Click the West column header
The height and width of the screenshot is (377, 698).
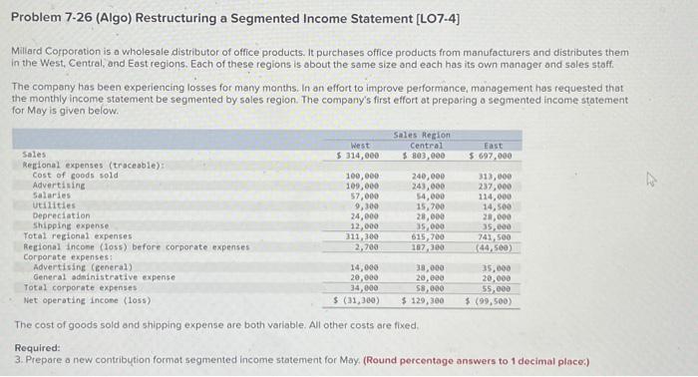(x=359, y=146)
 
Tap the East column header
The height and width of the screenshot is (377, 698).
(x=491, y=146)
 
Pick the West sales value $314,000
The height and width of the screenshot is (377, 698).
(x=358, y=156)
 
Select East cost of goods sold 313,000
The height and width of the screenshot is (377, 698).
(x=494, y=176)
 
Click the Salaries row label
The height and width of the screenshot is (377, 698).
(x=49, y=195)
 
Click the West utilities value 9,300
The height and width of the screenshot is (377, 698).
(x=365, y=205)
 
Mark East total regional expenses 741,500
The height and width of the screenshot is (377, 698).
(x=494, y=236)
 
